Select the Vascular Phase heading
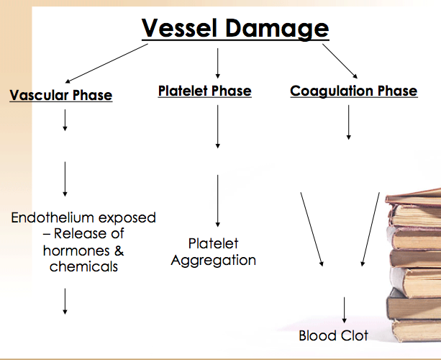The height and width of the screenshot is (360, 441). point(61,95)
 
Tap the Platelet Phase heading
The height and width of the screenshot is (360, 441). point(204,91)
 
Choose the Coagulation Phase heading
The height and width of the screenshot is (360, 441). point(353,91)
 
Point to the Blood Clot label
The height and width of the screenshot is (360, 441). point(333,336)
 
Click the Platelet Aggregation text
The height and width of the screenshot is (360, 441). point(213,252)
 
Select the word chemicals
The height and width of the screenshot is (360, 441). point(83,266)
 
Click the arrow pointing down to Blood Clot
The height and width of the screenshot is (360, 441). point(345,310)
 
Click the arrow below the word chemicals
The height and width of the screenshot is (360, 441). point(65,301)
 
